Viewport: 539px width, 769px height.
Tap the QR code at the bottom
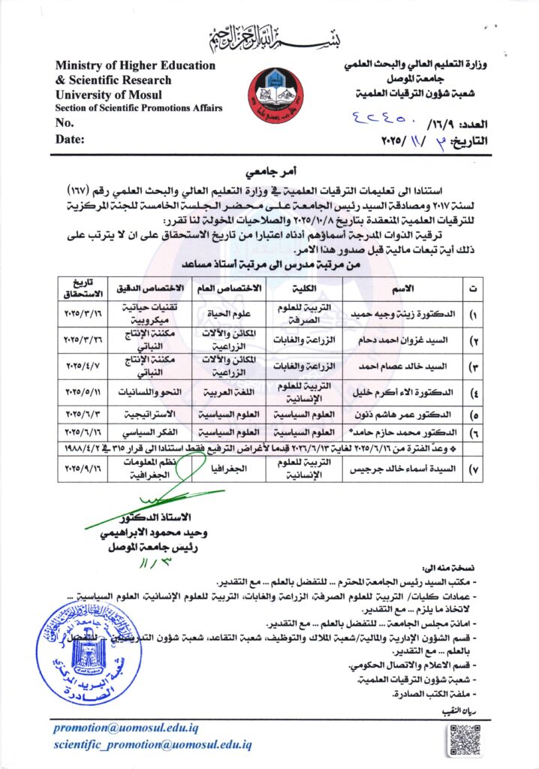click(464, 740)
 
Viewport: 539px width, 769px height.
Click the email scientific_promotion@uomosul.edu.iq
click(152, 745)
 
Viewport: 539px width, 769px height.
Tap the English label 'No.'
click(65, 123)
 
